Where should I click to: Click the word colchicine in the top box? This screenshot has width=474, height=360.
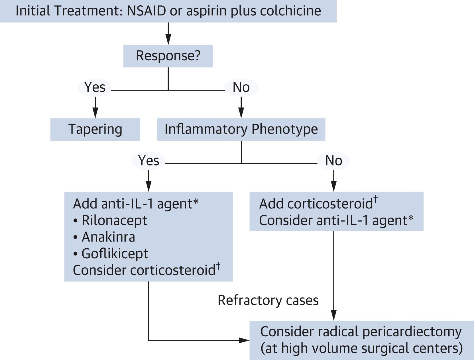coord(290,11)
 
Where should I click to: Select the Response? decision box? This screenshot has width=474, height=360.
coord(168,56)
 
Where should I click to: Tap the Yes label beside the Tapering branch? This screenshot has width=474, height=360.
coord(95,87)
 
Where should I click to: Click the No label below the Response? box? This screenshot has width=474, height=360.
coord(241,87)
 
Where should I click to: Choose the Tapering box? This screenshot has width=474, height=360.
coord(95,129)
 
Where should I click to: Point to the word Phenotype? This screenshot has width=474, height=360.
coord(285,129)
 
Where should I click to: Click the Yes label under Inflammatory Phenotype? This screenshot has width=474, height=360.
coord(149,161)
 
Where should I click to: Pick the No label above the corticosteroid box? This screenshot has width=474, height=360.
coord(334,161)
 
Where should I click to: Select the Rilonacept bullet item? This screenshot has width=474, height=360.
coord(110,220)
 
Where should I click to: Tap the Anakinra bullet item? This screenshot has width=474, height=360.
coord(104,237)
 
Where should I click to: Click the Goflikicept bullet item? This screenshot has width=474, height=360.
coord(111,254)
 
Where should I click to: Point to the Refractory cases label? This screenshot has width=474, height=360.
coord(268,300)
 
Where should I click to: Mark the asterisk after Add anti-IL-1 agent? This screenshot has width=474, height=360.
coord(196,202)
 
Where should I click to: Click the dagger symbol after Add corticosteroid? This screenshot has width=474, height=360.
coord(376,200)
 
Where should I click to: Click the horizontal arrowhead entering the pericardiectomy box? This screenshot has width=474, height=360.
coord(244,340)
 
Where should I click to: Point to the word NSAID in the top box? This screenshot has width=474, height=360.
coord(147,11)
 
